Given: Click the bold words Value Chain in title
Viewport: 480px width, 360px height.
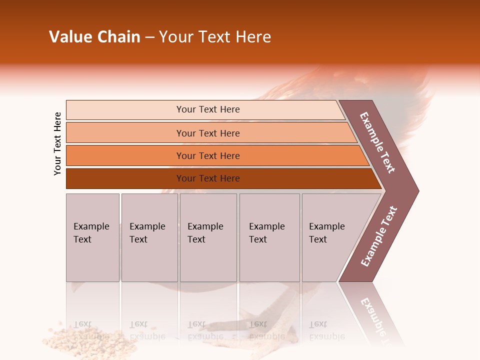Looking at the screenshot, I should pos(94,37).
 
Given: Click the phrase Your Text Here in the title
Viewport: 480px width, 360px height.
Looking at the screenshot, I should pos(215,37).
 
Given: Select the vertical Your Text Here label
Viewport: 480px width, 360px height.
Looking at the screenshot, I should pos(57,143).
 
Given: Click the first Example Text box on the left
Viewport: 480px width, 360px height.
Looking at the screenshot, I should pos(92,237).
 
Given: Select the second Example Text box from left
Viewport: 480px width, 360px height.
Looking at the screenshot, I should pos(149,237).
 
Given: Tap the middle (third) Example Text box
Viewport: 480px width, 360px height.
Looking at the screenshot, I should pos(208,237).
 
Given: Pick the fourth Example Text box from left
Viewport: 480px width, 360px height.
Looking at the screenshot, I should pos(269,237).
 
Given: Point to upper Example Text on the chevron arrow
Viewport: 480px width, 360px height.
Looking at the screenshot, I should pos(378,142).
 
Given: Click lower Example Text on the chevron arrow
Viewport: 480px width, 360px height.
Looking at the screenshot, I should pos(378,236).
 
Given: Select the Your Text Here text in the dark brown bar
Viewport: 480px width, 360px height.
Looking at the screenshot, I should pos(208,178).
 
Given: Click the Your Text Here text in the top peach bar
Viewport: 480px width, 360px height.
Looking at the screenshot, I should pos(208,109).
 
